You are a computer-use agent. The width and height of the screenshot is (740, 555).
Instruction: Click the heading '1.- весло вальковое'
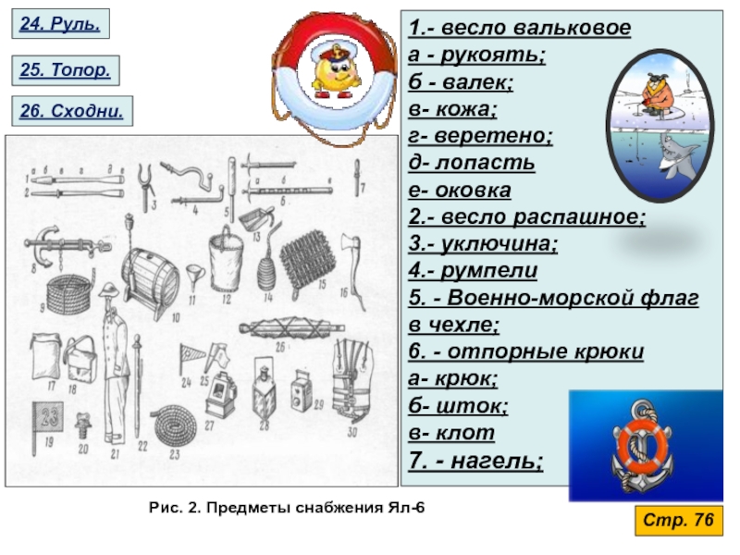pos(519,29)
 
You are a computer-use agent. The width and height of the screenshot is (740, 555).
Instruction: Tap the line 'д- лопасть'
pos(471,164)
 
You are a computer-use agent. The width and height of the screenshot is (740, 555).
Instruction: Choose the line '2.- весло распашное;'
pos(525,217)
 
